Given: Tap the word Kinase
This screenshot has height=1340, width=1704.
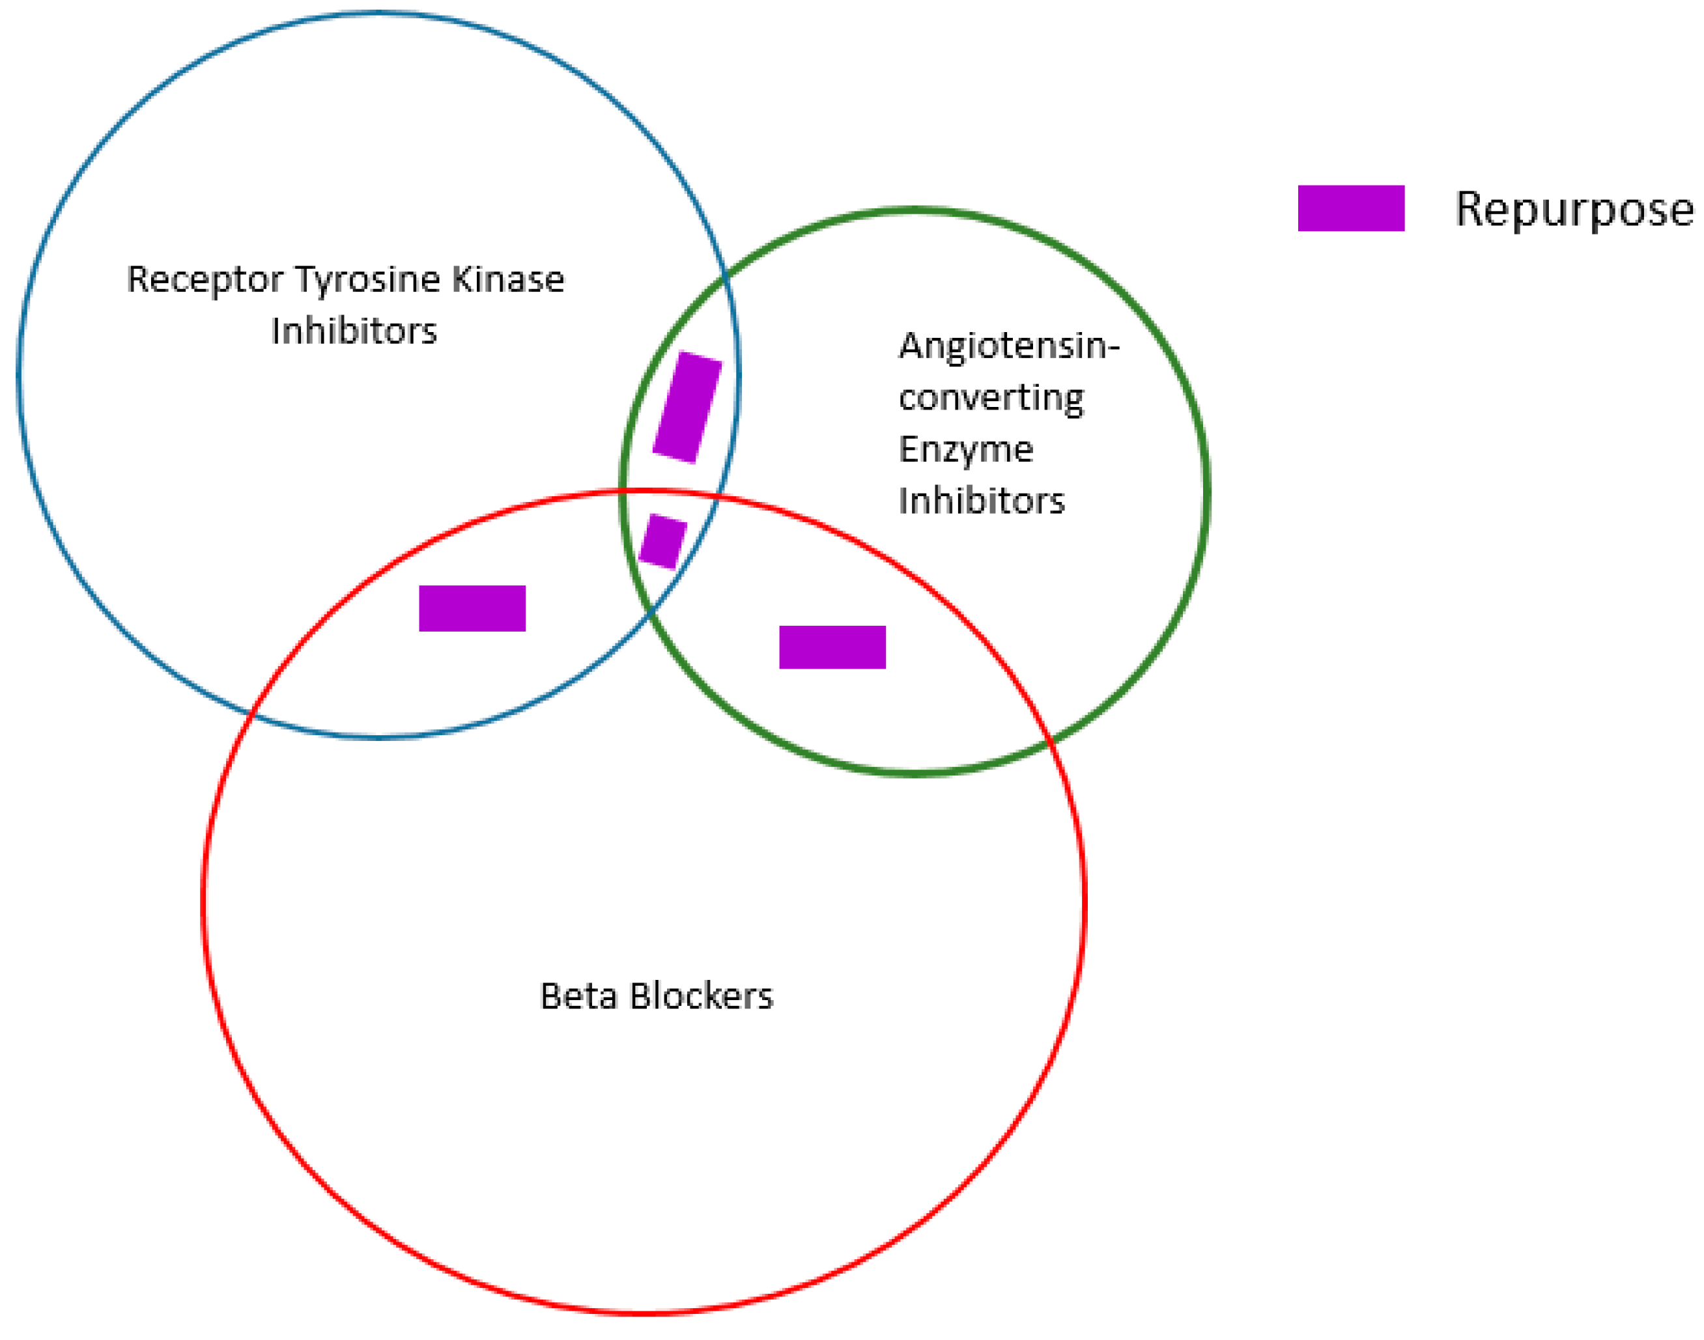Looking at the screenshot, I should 508,279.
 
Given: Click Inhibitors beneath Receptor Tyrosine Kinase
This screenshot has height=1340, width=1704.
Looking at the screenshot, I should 354,331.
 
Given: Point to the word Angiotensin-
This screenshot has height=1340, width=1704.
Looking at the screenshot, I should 1008,346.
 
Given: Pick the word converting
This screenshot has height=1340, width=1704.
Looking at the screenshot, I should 991,398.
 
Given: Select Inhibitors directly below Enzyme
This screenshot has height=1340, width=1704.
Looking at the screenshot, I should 981,501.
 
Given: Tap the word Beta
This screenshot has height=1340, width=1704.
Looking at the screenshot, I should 578,996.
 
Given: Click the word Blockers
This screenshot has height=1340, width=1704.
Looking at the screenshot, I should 701,996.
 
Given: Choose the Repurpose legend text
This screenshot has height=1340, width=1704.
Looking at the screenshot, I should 1574,210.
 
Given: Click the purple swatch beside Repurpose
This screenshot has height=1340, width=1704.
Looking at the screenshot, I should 1351,208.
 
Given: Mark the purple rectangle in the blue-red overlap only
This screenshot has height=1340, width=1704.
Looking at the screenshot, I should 472,608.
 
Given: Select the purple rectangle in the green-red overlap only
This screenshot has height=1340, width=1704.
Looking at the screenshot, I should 832,647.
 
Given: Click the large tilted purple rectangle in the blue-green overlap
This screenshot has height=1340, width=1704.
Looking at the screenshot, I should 687,407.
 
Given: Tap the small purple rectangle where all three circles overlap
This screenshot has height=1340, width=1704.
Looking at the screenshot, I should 662,541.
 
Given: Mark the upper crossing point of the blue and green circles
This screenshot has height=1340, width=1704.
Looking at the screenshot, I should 727,273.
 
